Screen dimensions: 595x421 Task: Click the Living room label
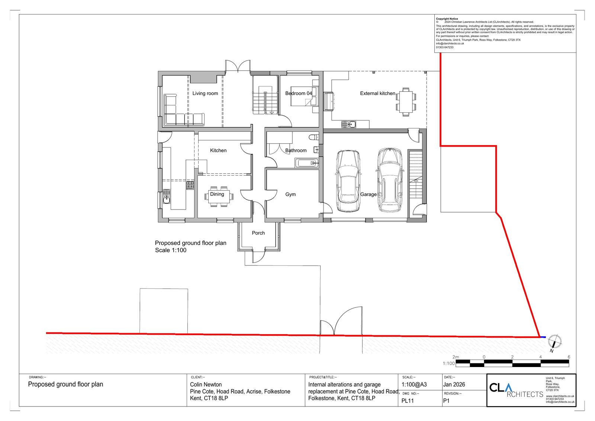(x=205, y=93)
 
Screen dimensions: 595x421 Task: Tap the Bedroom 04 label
(x=299, y=93)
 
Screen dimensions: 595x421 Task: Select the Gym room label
(x=290, y=194)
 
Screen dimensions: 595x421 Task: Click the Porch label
(x=258, y=233)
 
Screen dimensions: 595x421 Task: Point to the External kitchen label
(x=377, y=93)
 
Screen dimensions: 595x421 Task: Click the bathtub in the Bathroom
(x=306, y=163)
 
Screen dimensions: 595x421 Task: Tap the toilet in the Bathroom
(x=313, y=137)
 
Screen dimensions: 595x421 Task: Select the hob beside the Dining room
(x=190, y=185)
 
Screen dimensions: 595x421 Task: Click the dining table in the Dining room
(x=219, y=197)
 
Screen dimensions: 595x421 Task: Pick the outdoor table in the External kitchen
(x=406, y=102)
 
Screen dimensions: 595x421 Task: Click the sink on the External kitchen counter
(x=348, y=124)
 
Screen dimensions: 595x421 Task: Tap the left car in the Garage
(x=348, y=181)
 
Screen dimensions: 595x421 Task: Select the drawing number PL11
(x=408, y=401)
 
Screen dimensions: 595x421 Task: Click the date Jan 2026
(x=454, y=385)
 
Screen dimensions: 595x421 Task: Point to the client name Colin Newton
(x=206, y=385)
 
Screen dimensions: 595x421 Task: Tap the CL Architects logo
(x=516, y=390)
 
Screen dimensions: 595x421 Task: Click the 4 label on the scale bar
(x=540, y=357)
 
